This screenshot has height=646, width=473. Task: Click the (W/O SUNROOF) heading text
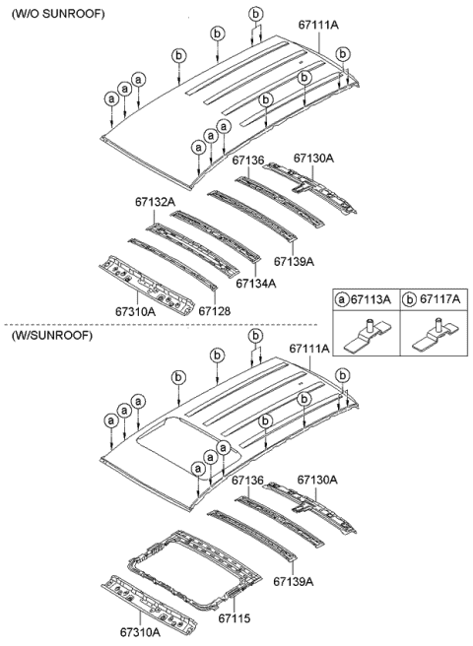[x=58, y=14]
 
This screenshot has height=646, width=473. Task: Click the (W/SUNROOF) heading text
[x=52, y=336]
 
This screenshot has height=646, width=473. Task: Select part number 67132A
[x=155, y=202]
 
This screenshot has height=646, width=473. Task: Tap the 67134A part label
[x=255, y=284]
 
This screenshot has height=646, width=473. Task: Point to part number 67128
[x=215, y=311]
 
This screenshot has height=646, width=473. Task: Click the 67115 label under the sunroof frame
[x=235, y=617]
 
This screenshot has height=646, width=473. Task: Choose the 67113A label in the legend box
[x=370, y=299]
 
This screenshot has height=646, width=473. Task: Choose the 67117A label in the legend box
[x=439, y=299]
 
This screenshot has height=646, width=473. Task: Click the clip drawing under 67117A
[x=435, y=336]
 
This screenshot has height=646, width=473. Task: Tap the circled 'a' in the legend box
[x=342, y=299]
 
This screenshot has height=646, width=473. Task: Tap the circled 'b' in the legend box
[x=410, y=299]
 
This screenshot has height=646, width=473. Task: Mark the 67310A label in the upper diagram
[x=135, y=311]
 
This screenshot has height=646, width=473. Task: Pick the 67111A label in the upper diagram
[x=318, y=26]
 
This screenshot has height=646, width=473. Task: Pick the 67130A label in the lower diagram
[x=317, y=480]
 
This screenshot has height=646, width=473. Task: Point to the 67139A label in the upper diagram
[x=294, y=261]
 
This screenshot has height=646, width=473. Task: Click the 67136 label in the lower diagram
[x=247, y=480]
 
